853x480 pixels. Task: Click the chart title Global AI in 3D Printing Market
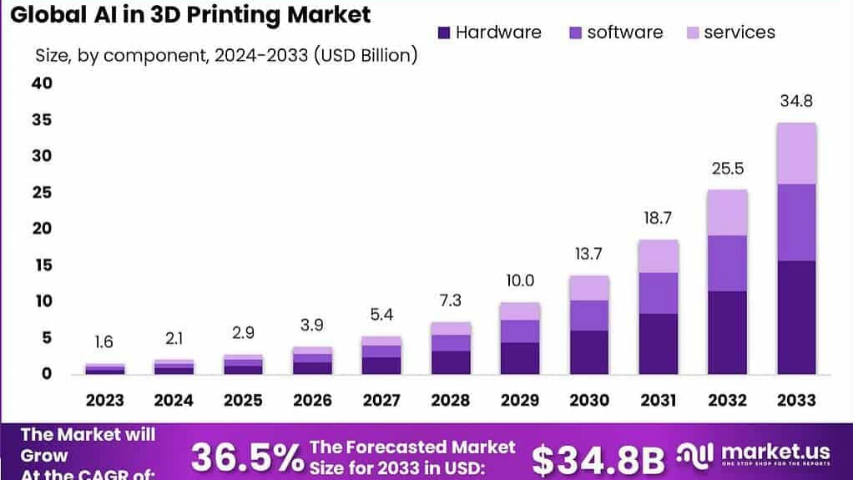pyautogui.click(x=190, y=15)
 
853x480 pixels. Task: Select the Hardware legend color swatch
pyautogui.click(x=443, y=33)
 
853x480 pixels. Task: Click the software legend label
pyautogui.click(x=624, y=33)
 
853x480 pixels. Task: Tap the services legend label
pyautogui.click(x=739, y=33)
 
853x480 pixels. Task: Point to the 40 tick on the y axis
pyautogui.click(x=42, y=83)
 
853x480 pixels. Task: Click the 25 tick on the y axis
pyautogui.click(x=42, y=192)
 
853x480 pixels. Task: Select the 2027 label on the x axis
pyautogui.click(x=381, y=400)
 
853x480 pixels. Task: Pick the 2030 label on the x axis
pyautogui.click(x=589, y=400)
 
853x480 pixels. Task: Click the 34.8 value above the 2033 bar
pyautogui.click(x=795, y=102)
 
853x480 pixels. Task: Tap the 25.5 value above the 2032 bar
pyautogui.click(x=728, y=169)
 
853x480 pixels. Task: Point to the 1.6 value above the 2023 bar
pyautogui.click(x=105, y=342)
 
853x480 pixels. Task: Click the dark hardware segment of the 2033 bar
pyautogui.click(x=796, y=317)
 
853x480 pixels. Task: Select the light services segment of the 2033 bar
pyautogui.click(x=796, y=154)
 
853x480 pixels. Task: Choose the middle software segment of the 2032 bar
pyautogui.click(x=727, y=263)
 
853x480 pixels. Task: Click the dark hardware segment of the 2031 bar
pyautogui.click(x=659, y=343)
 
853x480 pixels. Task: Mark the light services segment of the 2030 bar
pyautogui.click(x=589, y=288)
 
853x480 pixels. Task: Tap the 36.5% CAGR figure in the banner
pyautogui.click(x=247, y=457)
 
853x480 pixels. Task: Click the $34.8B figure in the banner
pyautogui.click(x=598, y=459)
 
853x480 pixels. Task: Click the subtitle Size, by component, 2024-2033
pyautogui.click(x=225, y=56)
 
